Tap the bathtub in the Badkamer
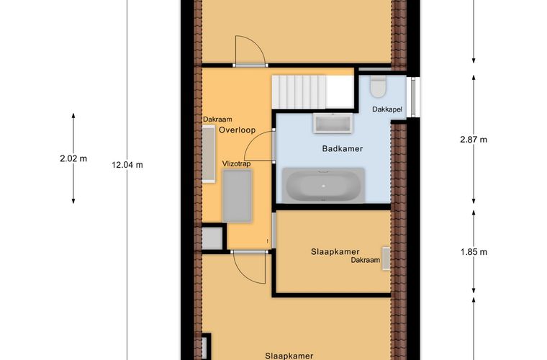[x=324, y=185]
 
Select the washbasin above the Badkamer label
[x=333, y=123]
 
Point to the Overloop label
[x=238, y=130]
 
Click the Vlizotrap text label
[x=237, y=163]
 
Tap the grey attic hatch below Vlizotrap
[x=237, y=196]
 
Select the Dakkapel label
[x=387, y=109]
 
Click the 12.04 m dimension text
[x=127, y=165]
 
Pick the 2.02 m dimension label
[x=73, y=158]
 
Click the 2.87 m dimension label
[x=474, y=140]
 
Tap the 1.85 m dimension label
[x=474, y=252]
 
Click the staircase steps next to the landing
[x=299, y=91]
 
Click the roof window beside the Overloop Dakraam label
[x=209, y=154]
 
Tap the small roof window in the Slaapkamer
[x=386, y=258]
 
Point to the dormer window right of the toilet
[x=413, y=97]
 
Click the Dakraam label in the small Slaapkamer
[x=365, y=260]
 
